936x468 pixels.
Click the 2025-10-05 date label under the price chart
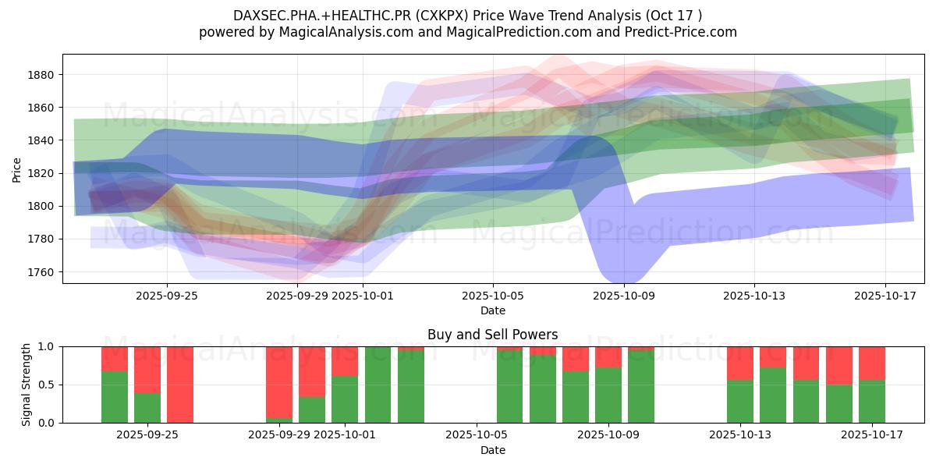pos(492,296)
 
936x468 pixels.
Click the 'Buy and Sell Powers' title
pos(492,335)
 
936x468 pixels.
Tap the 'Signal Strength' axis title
pos(27,385)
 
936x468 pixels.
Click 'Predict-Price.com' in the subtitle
pos(686,32)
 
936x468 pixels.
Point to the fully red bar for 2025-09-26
pos(180,385)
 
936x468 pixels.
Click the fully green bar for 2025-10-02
pos(378,385)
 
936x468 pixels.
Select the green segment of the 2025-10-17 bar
pos(871,402)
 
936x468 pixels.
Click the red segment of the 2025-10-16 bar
pos(838,365)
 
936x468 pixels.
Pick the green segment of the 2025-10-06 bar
pos(509,387)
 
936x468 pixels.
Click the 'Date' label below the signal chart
pos(492,450)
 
